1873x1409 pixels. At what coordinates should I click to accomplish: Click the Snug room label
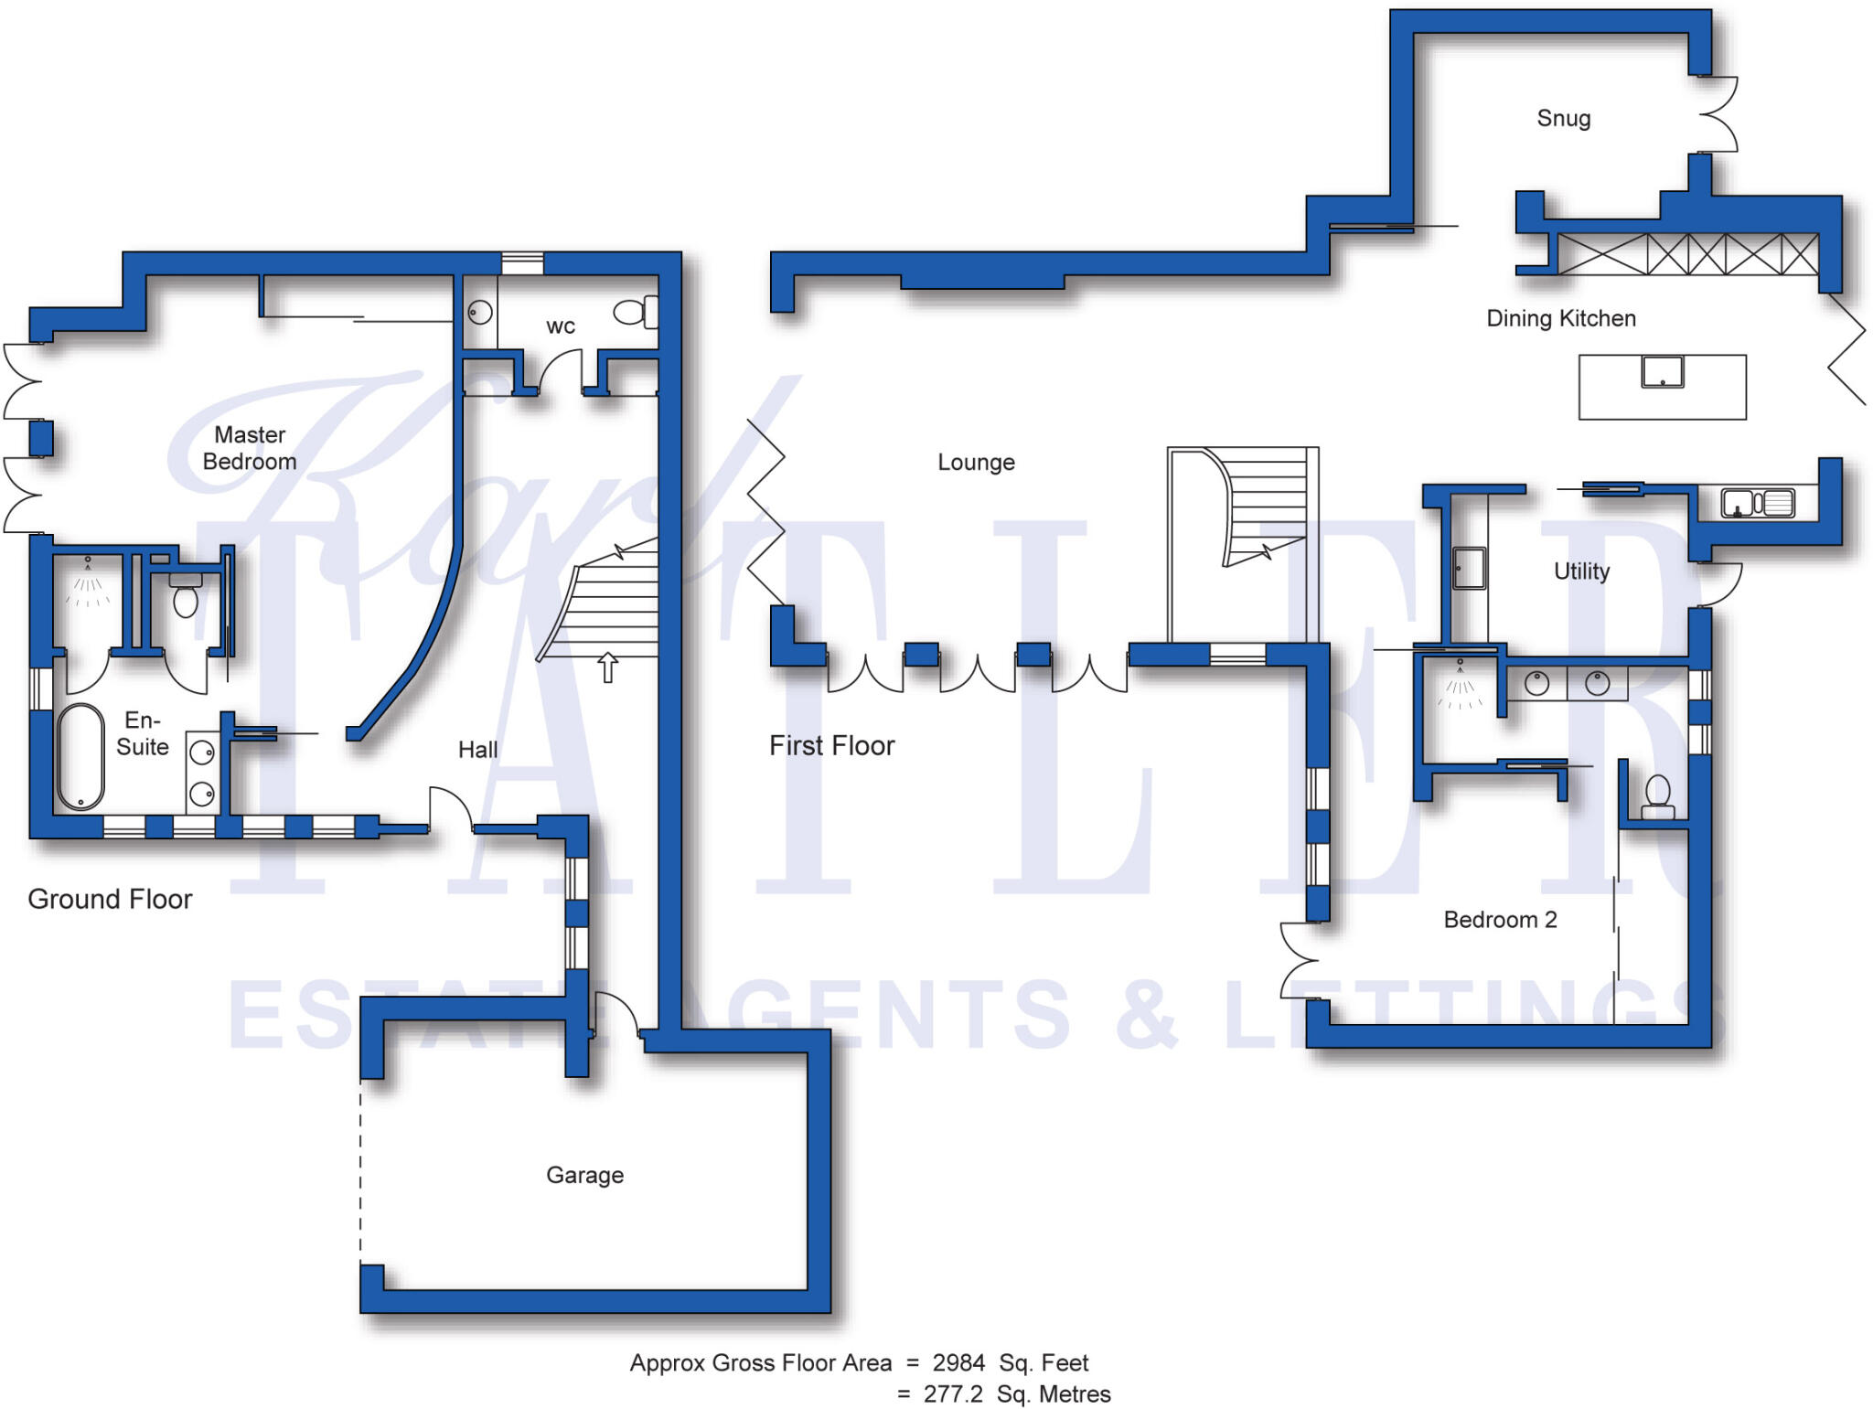point(1563,119)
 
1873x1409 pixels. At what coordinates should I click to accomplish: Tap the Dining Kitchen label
point(1561,318)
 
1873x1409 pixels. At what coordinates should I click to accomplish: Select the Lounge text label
point(976,463)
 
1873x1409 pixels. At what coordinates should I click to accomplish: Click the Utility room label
point(1581,571)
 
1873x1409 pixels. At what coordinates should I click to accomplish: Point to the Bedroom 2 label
point(1500,920)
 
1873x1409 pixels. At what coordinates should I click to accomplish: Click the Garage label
point(584,1175)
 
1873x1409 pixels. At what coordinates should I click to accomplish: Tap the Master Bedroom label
point(250,448)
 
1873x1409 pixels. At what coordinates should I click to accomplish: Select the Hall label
point(477,750)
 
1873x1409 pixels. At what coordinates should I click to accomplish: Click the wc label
point(561,326)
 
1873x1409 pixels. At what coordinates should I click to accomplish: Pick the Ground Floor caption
point(110,899)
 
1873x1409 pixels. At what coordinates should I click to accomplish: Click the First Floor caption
point(831,746)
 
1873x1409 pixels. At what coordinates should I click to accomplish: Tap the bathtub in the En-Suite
point(80,757)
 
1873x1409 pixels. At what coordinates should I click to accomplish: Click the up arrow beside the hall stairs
point(607,667)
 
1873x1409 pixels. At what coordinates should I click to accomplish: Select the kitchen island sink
point(1662,372)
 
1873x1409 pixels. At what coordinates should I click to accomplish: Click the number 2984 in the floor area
point(958,1363)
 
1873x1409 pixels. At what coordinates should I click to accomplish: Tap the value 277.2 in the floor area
point(953,1394)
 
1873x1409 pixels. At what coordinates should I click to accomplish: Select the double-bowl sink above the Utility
point(1757,503)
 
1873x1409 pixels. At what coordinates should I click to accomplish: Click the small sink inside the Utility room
point(1469,568)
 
